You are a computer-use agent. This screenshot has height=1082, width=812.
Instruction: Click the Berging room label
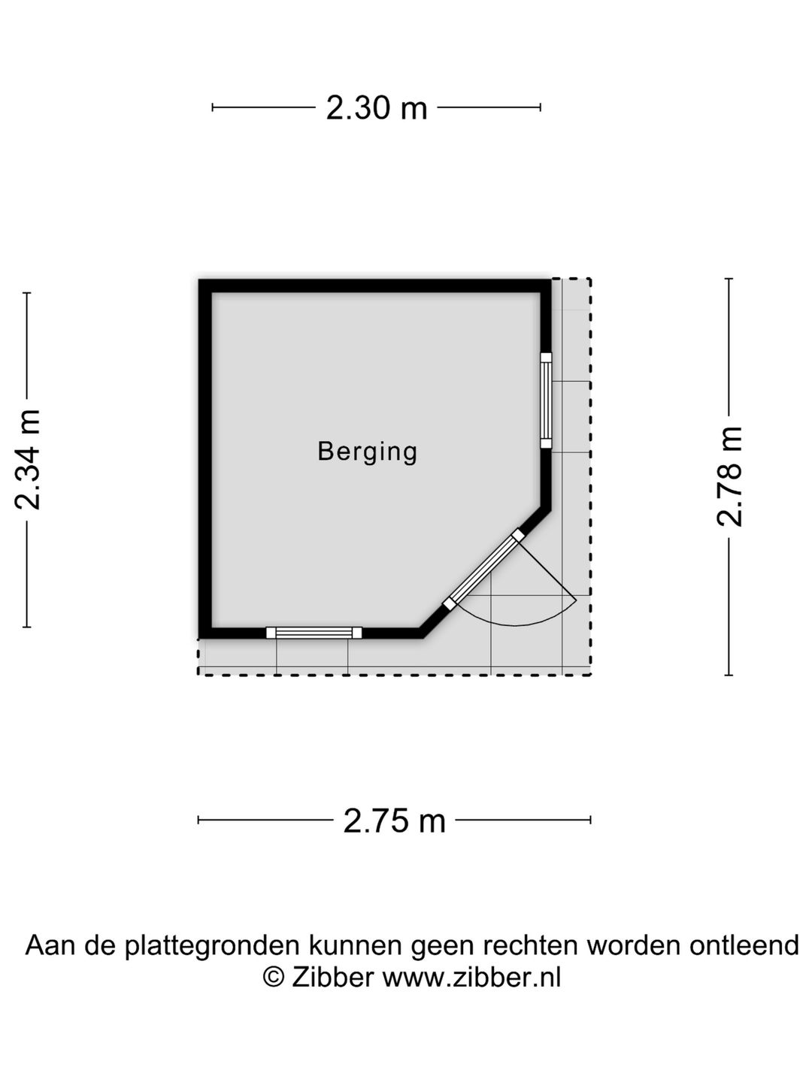click(x=368, y=452)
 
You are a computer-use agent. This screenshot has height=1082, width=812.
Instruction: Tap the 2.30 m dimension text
click(x=376, y=107)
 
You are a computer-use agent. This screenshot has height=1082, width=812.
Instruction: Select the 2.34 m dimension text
click(x=27, y=459)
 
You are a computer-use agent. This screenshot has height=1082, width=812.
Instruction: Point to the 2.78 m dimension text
click(x=729, y=476)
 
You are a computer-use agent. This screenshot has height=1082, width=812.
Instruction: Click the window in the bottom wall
click(x=314, y=633)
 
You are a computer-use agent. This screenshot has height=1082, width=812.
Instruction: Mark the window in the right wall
click(x=546, y=400)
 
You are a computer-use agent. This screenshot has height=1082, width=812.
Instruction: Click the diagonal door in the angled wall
click(x=483, y=570)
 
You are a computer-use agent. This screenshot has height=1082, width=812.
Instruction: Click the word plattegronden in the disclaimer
click(x=212, y=945)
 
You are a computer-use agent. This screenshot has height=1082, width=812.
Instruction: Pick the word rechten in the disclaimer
click(x=530, y=944)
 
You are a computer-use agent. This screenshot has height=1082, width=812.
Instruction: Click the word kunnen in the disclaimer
click(x=355, y=944)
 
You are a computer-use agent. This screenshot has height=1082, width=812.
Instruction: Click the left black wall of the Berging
click(x=205, y=459)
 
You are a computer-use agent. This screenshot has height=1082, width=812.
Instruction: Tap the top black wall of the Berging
click(x=374, y=286)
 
